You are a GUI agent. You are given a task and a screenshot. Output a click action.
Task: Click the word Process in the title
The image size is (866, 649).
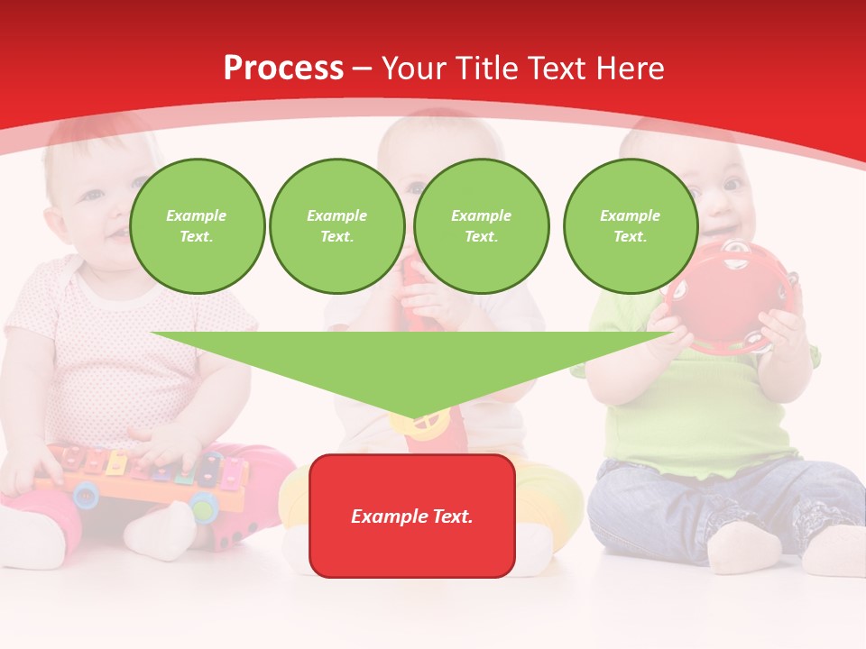click(x=283, y=69)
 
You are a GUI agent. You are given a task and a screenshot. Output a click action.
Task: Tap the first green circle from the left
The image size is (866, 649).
click(x=197, y=226)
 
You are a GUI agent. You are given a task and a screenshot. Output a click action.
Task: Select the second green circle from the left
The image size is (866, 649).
click(x=336, y=226)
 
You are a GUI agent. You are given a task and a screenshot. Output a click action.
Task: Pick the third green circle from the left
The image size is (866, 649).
click(x=481, y=226)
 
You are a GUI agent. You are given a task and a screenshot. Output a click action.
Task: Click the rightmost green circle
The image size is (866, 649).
click(x=630, y=226)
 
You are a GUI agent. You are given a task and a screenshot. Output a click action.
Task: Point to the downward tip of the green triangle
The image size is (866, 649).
click(x=413, y=416)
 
